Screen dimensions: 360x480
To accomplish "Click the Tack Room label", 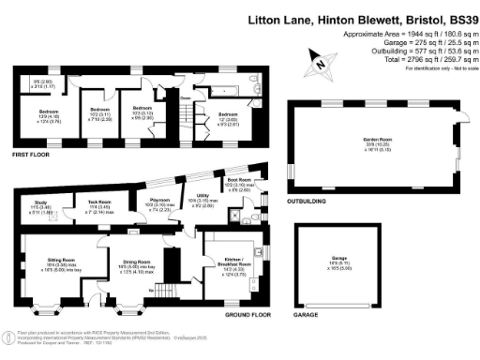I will click(x=100, y=202).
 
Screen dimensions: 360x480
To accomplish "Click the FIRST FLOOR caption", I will click(x=31, y=154).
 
